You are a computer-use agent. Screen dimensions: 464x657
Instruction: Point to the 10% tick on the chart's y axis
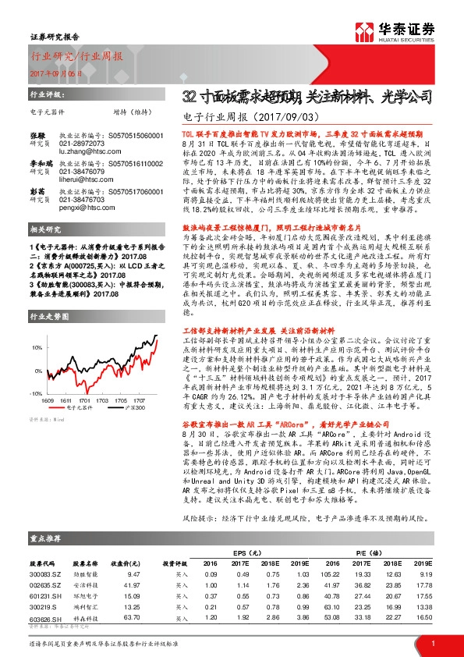click(x=37, y=346)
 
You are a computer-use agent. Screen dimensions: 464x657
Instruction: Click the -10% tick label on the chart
click(x=36, y=393)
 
